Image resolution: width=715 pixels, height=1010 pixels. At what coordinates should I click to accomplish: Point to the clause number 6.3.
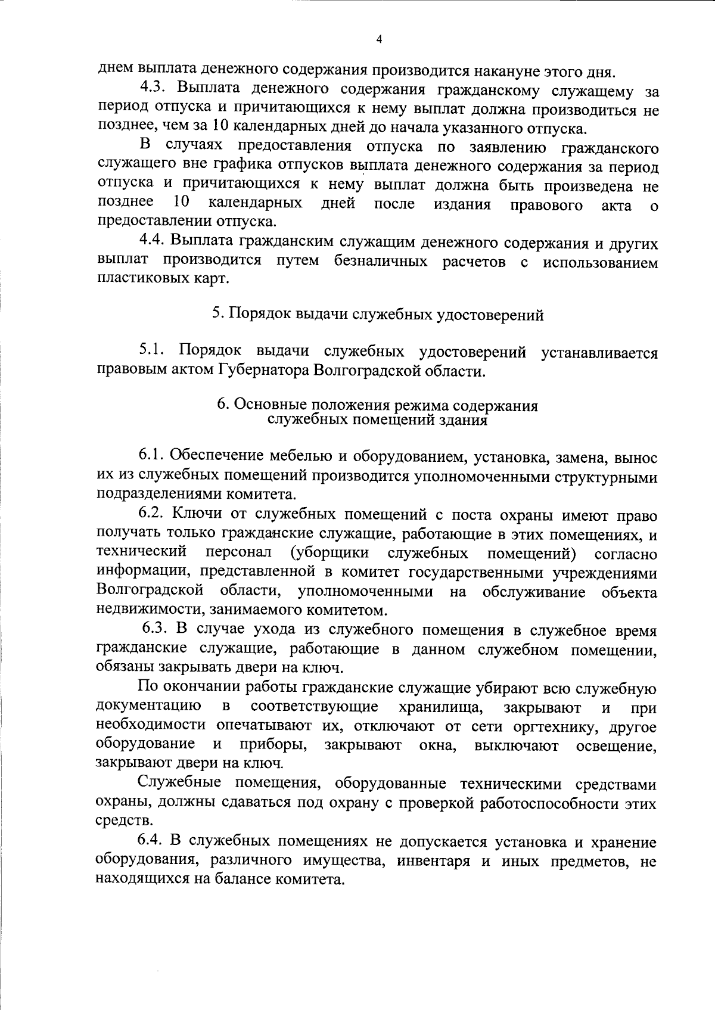pyautogui.click(x=156, y=630)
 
